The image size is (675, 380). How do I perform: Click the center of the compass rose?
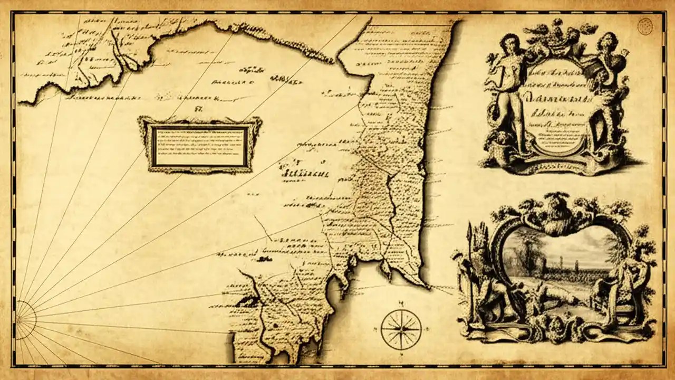401,329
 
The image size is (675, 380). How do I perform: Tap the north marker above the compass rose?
401,303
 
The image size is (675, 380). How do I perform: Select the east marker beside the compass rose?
426,329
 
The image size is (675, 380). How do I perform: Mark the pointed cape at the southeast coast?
425,286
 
